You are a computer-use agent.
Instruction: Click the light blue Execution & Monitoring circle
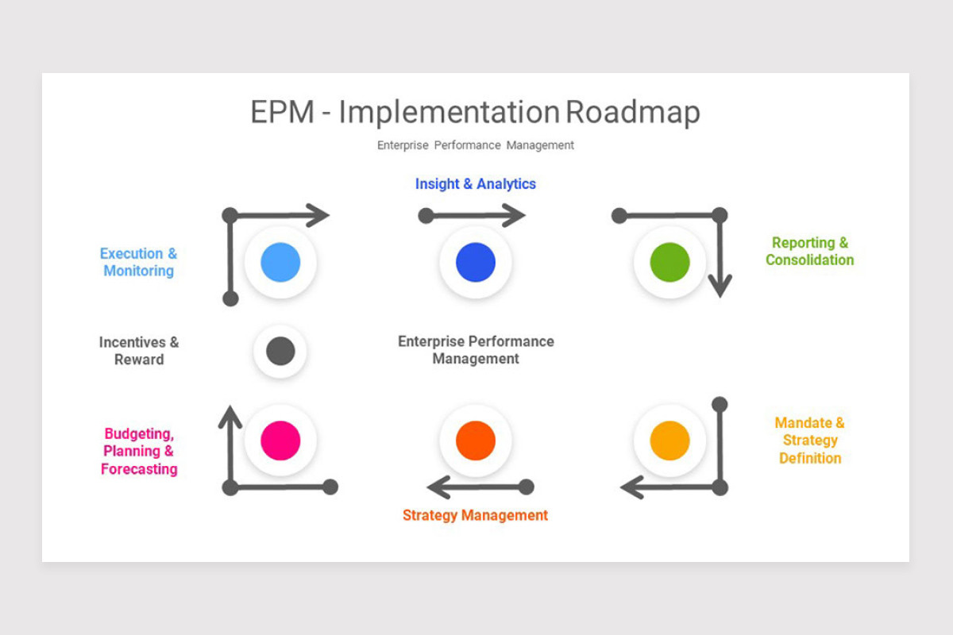click(280, 263)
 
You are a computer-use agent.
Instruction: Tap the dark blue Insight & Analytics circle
click(476, 263)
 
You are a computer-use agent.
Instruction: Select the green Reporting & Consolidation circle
click(669, 263)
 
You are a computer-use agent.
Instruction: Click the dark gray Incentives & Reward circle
click(280, 351)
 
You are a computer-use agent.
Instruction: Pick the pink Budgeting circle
click(280, 441)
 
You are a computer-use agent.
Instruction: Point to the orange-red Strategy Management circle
click(476, 441)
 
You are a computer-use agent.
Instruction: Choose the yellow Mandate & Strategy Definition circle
click(669, 441)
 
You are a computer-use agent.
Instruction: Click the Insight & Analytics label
click(475, 184)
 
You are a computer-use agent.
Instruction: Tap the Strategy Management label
click(475, 515)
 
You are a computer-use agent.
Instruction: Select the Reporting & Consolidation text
click(809, 252)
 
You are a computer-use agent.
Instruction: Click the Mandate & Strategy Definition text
click(809, 441)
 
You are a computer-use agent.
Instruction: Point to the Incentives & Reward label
click(139, 351)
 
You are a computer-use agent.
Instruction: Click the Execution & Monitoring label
click(139, 262)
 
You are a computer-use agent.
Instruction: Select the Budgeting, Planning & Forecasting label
click(139, 452)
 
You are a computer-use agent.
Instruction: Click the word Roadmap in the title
click(633, 112)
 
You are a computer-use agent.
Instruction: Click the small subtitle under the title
click(475, 145)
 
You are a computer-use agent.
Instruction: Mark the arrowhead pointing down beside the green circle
click(720, 285)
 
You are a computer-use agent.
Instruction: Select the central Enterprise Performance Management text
click(476, 350)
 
